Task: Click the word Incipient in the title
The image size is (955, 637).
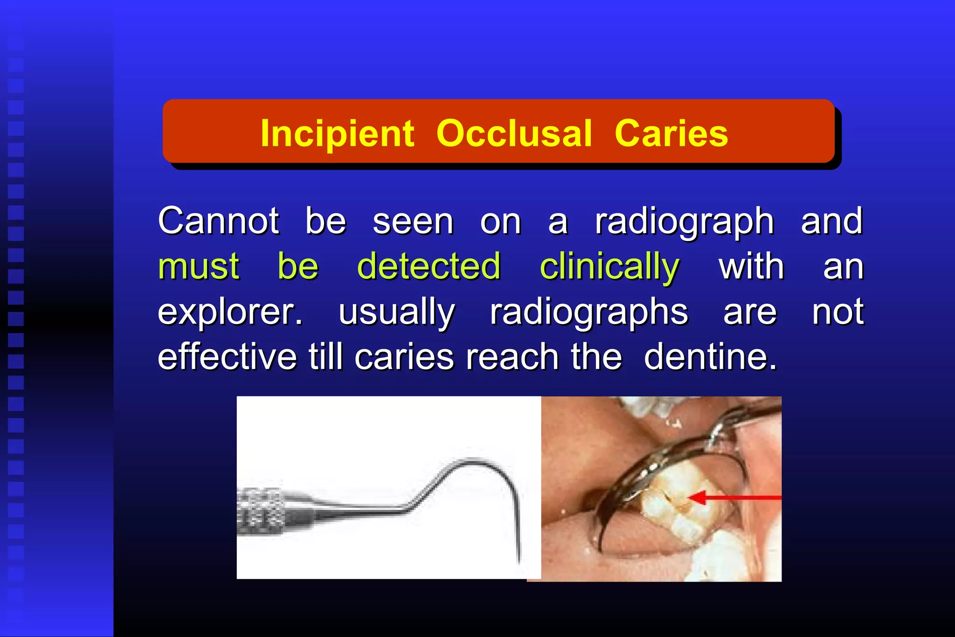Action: coord(337,133)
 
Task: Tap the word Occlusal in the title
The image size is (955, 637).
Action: coord(514,133)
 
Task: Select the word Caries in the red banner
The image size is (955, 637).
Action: coord(671,133)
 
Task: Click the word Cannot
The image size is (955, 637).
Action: coord(218,221)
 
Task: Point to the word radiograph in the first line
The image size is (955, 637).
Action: coord(684,222)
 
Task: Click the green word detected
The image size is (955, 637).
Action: coord(429,266)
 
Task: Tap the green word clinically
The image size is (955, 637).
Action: coord(609,267)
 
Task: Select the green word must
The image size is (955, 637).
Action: coord(199,266)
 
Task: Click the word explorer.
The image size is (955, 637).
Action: coord(230,312)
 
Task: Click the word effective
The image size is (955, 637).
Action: coord(227,357)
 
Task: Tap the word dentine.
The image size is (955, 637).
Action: coord(710,357)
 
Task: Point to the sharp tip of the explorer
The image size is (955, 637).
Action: coord(519,561)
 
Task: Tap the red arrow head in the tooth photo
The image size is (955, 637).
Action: coord(696,498)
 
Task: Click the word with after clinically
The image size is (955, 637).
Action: coord(751,267)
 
